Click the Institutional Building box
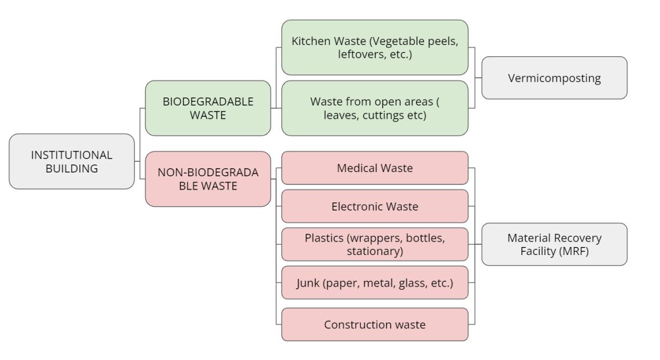click(x=72, y=161)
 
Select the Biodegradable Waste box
click(x=208, y=108)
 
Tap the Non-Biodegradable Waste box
click(x=208, y=179)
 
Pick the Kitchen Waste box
click(x=374, y=48)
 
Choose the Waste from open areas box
click(x=374, y=108)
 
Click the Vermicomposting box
click(x=554, y=78)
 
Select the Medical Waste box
click(x=374, y=168)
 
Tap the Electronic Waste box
click(x=374, y=206)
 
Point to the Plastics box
click(x=374, y=244)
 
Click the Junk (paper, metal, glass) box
click(x=374, y=282)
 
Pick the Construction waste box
click(x=374, y=325)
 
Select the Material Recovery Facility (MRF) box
click(x=554, y=244)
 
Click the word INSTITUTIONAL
click(x=72, y=155)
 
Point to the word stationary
click(x=374, y=251)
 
